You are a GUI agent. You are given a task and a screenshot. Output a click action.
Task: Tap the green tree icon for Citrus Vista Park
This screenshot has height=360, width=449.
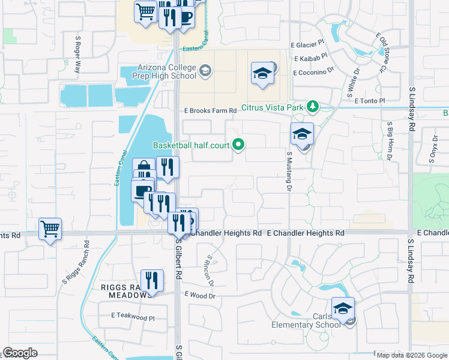pos(312,107)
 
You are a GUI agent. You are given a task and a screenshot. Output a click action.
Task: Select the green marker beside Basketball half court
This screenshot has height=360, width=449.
pos(238,144)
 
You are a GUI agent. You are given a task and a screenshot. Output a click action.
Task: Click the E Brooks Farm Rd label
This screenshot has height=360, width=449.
pos(210,111)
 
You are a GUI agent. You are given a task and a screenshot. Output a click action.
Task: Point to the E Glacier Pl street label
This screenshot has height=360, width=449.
pos(307,44)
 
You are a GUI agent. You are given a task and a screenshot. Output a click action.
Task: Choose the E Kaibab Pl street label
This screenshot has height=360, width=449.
pos(310,58)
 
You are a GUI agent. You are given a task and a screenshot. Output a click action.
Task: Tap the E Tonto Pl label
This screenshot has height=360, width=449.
pos(369,101)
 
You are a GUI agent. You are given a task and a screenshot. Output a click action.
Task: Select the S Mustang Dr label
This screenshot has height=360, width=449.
pos(289,171)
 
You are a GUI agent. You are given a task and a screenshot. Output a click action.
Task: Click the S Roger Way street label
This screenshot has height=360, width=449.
pos(77,55)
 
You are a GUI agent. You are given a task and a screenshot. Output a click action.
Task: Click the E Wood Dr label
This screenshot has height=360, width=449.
pos(200,295)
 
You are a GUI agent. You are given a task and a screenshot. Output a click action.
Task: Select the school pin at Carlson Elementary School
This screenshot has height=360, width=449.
pos(343,310)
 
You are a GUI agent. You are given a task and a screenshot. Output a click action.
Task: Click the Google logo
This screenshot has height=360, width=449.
pos(20,353)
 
